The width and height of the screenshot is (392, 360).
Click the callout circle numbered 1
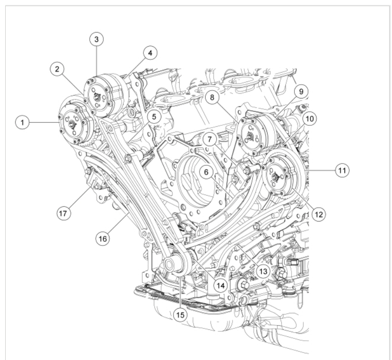22,123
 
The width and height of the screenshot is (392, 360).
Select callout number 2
57,69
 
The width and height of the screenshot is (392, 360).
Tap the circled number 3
97,39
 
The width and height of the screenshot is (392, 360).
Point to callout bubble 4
150,53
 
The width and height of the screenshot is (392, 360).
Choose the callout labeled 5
154,116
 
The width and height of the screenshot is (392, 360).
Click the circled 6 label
206,172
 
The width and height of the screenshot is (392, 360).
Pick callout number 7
209,139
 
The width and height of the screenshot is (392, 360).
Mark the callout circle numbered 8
212,97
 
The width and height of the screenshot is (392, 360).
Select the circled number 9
301,91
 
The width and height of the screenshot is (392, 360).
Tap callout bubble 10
309,119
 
